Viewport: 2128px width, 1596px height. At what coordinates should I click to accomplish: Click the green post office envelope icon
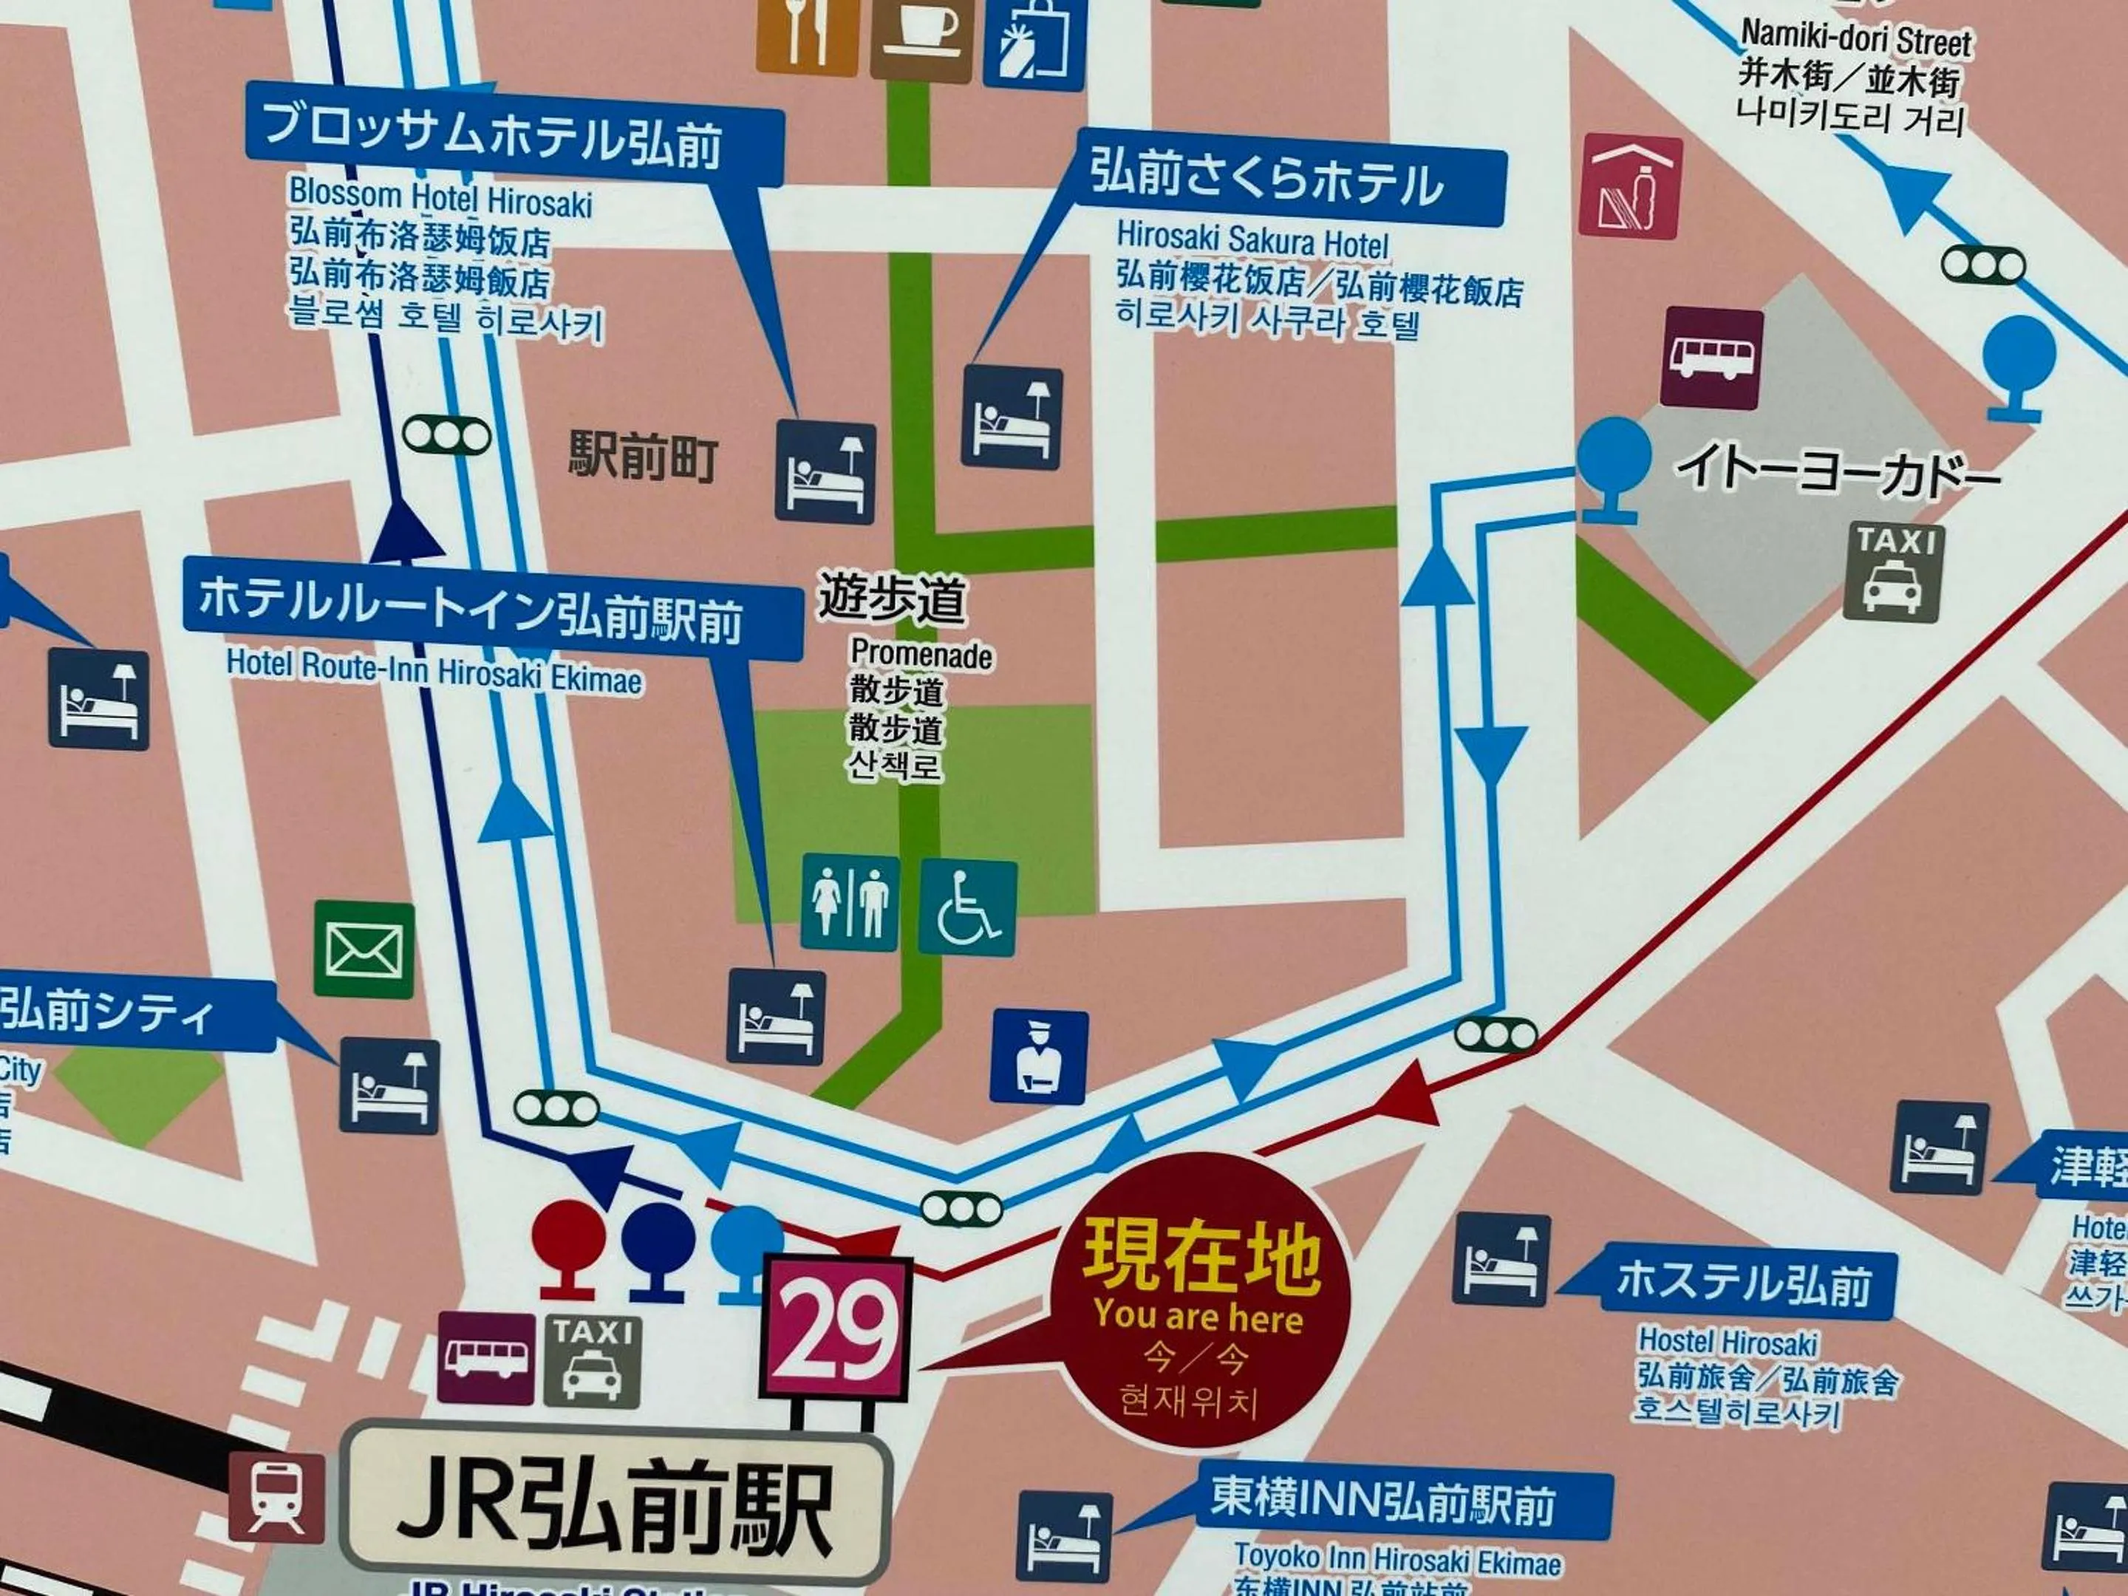(x=364, y=950)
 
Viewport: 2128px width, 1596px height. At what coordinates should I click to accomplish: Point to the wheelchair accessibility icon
(x=966, y=907)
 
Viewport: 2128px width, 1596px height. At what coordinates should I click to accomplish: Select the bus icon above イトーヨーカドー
(x=1711, y=358)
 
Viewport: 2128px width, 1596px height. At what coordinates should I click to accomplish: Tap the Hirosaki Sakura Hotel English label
(x=1252, y=240)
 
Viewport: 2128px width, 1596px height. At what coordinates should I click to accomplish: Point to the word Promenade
(x=921, y=655)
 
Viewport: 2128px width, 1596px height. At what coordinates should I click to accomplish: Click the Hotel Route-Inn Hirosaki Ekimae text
(x=434, y=669)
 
